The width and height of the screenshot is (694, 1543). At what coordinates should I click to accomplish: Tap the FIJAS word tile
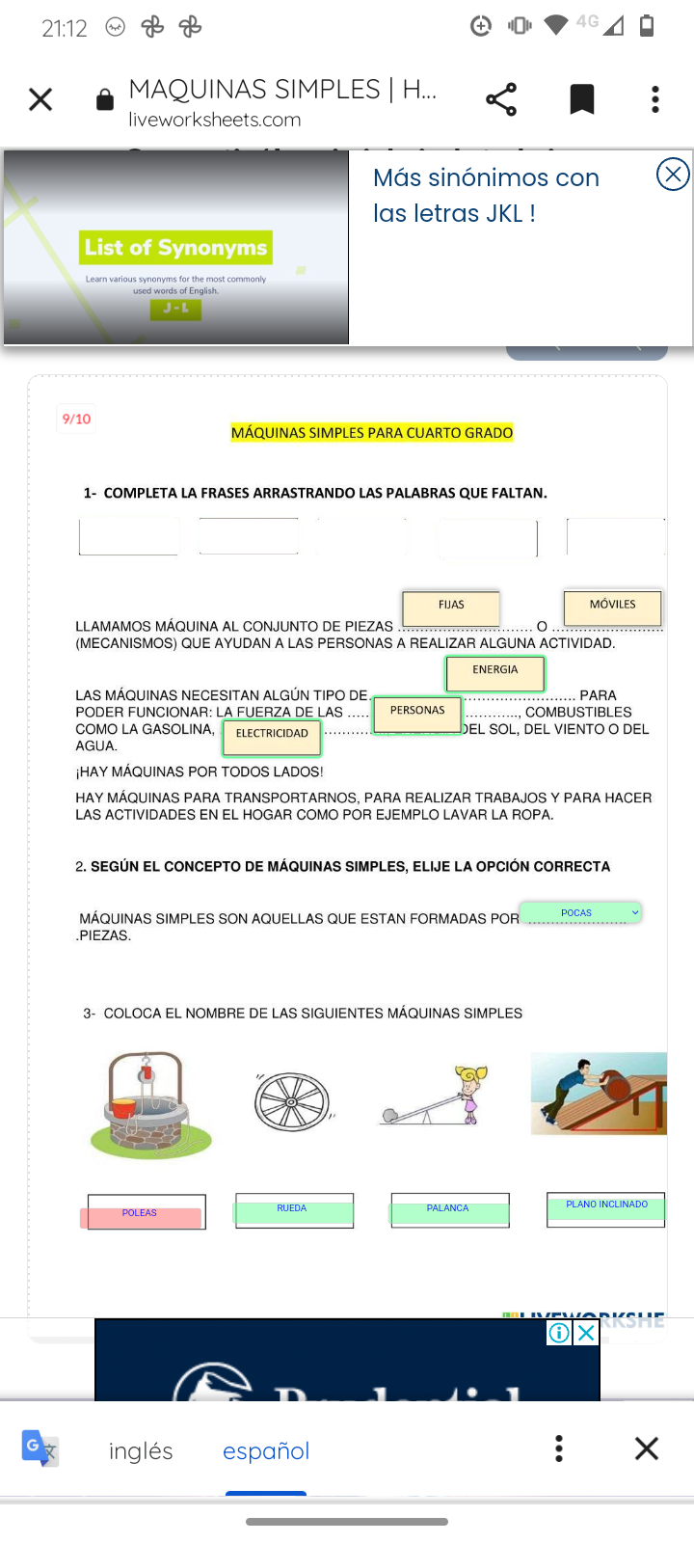451,607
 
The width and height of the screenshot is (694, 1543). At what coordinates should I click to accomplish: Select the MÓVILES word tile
613,607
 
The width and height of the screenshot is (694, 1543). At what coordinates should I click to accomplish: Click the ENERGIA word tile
495,672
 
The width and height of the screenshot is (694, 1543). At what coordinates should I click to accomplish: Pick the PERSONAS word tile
417,713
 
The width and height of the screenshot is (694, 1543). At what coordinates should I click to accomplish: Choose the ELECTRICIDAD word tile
272,736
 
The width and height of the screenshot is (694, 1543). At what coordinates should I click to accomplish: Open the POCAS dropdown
580,912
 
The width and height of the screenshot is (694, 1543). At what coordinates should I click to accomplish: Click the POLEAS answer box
143,1213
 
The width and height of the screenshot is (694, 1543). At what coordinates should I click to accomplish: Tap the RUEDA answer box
293,1209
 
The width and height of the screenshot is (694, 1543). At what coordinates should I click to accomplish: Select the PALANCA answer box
449,1209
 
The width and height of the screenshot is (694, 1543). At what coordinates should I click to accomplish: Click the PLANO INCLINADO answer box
605,1206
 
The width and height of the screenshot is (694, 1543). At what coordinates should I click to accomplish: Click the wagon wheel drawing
292,1101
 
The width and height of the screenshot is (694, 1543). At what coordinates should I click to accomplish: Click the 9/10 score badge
76,419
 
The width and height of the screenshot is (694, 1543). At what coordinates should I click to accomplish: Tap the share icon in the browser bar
501,99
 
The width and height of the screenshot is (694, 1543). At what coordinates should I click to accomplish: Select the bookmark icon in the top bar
582,99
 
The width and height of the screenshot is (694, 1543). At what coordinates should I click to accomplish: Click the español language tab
266,1450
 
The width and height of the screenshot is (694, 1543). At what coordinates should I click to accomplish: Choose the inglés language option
141,1450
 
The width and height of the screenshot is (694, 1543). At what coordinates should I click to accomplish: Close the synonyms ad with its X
673,175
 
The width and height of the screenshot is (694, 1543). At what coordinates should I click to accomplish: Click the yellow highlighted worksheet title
372,433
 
